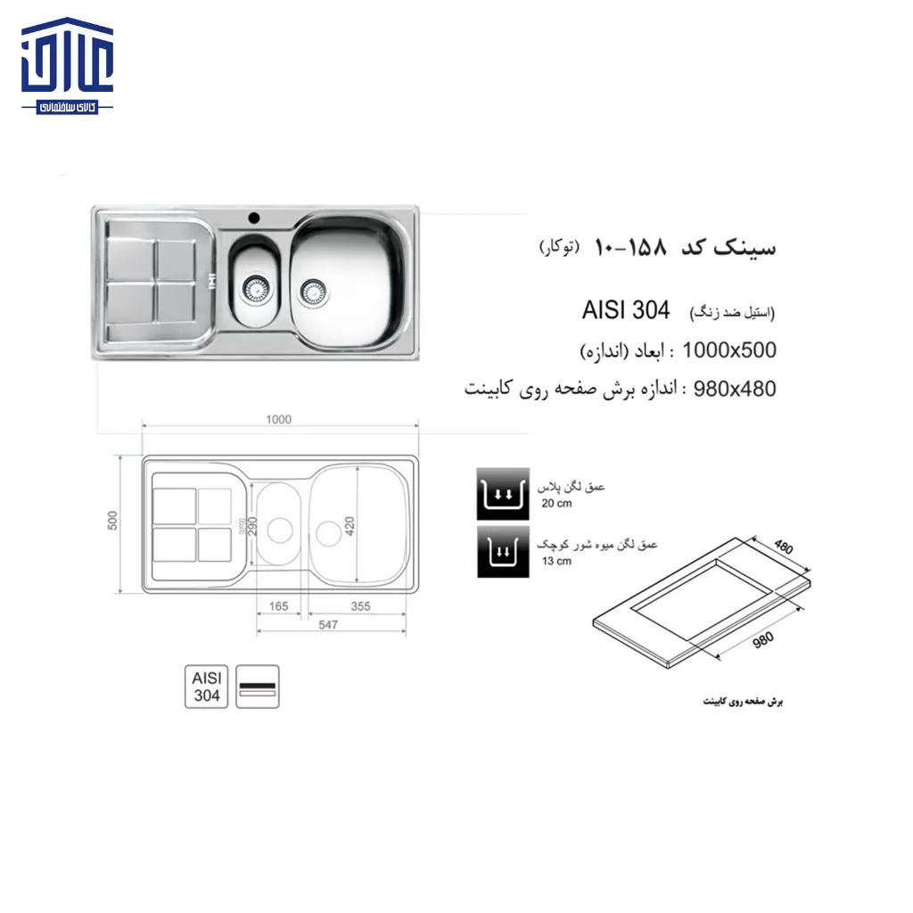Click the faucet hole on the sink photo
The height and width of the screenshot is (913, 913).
(x=253, y=217)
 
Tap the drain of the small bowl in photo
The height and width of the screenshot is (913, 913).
(x=254, y=287)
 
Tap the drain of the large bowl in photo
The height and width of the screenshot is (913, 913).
(x=310, y=289)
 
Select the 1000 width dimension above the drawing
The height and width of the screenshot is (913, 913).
(x=279, y=420)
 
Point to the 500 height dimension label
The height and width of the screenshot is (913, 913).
(x=113, y=522)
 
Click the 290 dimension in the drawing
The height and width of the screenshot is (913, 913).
(x=251, y=525)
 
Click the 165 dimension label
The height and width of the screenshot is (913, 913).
(x=279, y=606)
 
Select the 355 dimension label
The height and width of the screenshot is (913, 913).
(x=359, y=606)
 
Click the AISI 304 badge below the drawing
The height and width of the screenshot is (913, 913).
(x=207, y=687)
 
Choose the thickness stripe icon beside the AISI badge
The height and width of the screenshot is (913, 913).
(x=258, y=687)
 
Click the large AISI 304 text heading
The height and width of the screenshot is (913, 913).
(x=625, y=310)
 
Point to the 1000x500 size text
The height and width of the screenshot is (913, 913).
(x=728, y=350)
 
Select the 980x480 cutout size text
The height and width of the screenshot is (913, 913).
(x=728, y=389)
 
